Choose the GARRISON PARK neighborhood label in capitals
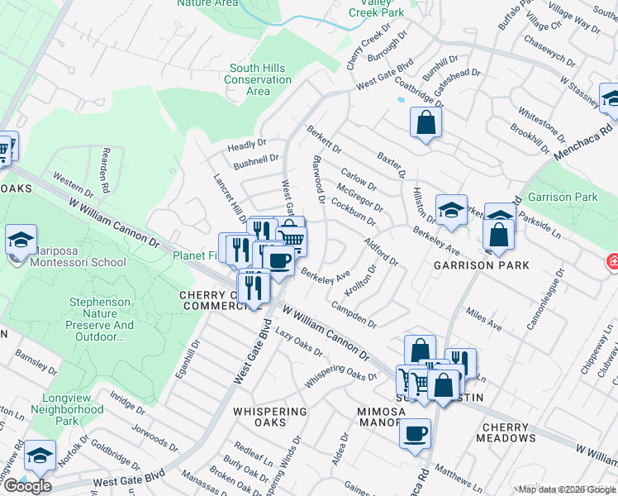(x=481, y=265)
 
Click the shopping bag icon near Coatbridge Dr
(x=425, y=123)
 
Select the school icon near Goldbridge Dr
(x=40, y=456)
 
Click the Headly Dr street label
(x=247, y=145)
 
